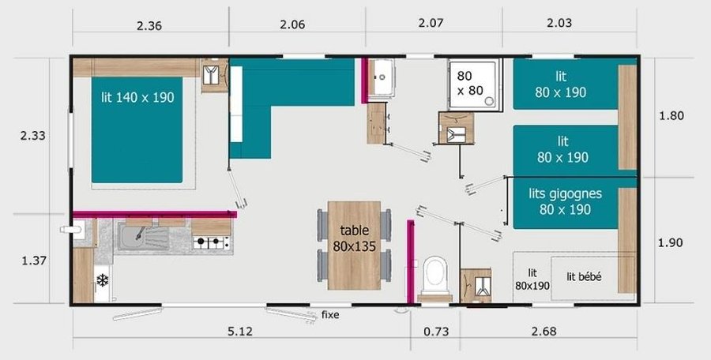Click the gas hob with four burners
pyautogui.click(x=212, y=242)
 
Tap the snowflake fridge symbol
pyautogui.click(x=102, y=280)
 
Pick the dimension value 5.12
pyautogui.click(x=240, y=332)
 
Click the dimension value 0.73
pyautogui.click(x=436, y=332)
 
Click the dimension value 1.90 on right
pyautogui.click(x=672, y=242)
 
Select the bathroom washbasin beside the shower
pyautogui.click(x=383, y=77)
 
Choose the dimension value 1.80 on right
pyautogui.click(x=672, y=115)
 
